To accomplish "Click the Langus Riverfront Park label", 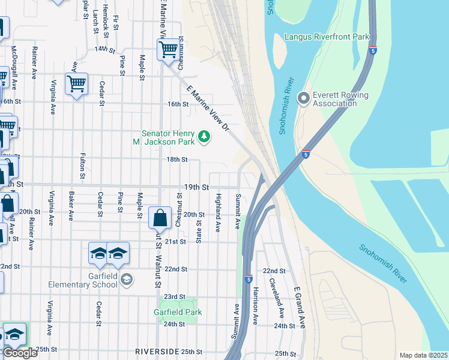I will click(x=327, y=37).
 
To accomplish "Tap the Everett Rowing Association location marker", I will click(x=303, y=97).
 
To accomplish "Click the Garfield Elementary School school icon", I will click(x=127, y=279).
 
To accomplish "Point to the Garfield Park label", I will click(x=178, y=312).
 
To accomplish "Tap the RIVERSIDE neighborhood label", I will click(x=157, y=351).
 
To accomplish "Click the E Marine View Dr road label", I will click(x=209, y=109).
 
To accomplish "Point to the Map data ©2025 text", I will click(x=423, y=355).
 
